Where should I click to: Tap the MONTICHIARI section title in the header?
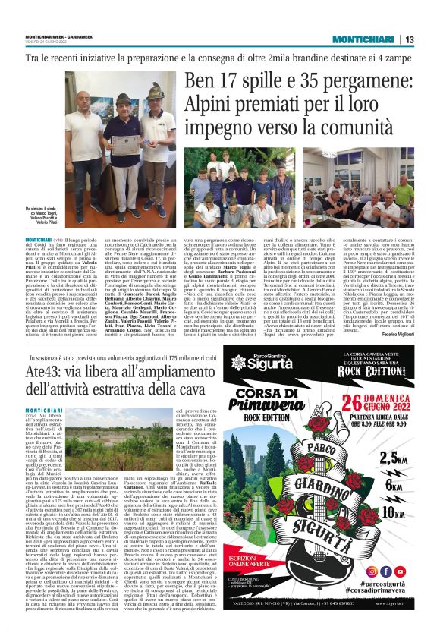[366, 39]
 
